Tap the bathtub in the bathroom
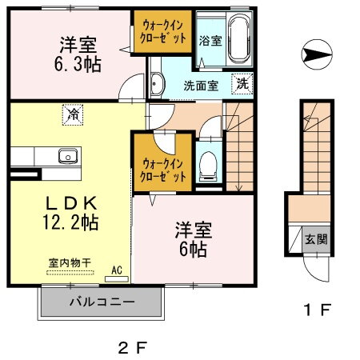point(238,39)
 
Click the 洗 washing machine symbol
point(242,81)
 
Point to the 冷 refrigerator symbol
point(73,114)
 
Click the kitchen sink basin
point(65,155)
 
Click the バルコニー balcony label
point(101,302)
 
